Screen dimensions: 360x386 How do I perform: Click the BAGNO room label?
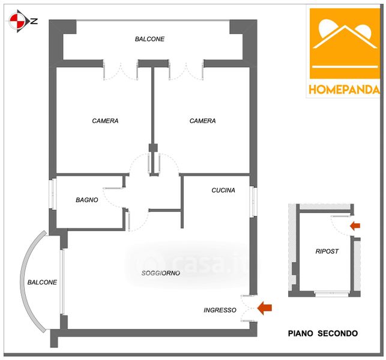coord(87,200)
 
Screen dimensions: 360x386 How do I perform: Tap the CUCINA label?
coord(223,190)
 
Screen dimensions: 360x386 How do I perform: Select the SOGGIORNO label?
coord(161,273)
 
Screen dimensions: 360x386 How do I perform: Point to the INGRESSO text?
coord(220,310)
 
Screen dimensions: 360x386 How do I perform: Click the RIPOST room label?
coord(327,251)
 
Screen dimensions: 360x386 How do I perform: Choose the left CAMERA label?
coord(105,121)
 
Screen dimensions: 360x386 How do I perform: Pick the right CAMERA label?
coord(202,121)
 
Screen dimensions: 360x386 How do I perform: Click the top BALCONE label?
coord(149,39)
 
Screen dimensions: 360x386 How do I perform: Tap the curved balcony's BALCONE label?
coord(42,282)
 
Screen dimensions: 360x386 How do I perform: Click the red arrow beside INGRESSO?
coord(264,308)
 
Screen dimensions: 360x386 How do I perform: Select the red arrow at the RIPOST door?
coord(355,226)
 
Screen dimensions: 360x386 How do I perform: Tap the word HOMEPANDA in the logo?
coord(345,90)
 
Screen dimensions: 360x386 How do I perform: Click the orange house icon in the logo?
coord(345,43)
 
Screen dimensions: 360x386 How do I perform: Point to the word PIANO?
coord(303,333)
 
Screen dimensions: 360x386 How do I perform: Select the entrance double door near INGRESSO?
coord(248,309)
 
